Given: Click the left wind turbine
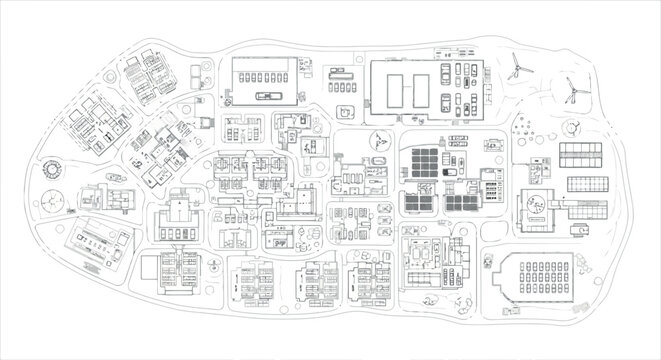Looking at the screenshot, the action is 517,67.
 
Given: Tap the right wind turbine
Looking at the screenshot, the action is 572,91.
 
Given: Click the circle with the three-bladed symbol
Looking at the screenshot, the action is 380,142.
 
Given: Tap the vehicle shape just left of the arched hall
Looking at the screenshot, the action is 488,264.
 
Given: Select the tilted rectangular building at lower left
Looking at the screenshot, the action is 97,242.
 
